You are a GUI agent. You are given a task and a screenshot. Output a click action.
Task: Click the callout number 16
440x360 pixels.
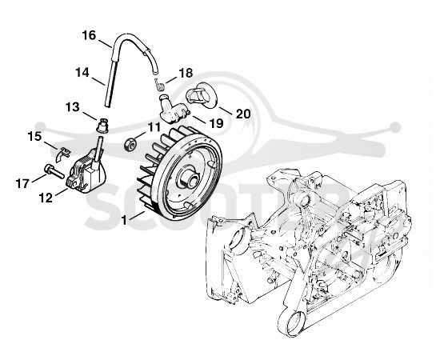point(89,36)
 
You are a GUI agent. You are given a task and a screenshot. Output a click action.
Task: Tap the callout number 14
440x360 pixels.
point(82,73)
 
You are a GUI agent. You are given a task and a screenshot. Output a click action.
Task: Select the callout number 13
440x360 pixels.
point(73,107)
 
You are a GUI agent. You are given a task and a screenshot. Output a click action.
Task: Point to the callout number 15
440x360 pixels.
point(34,137)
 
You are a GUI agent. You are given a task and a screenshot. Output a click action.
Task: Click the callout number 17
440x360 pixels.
point(22,184)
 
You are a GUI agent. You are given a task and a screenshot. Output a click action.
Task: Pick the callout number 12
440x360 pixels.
point(46,198)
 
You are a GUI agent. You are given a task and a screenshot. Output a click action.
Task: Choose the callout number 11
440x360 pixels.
point(154,127)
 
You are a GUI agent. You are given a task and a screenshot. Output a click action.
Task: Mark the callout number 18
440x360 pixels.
point(186,74)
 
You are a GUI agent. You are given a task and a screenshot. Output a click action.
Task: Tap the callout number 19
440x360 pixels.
point(216,123)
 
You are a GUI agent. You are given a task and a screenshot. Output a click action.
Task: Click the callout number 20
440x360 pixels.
point(243,114)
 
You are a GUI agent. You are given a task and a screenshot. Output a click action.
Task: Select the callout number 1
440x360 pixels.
point(124,220)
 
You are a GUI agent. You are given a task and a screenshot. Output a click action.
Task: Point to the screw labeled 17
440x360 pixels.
point(54,171)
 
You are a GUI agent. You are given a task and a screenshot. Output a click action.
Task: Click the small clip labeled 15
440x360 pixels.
point(62,154)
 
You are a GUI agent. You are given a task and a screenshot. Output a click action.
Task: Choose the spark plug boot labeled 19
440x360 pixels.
point(173,109)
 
